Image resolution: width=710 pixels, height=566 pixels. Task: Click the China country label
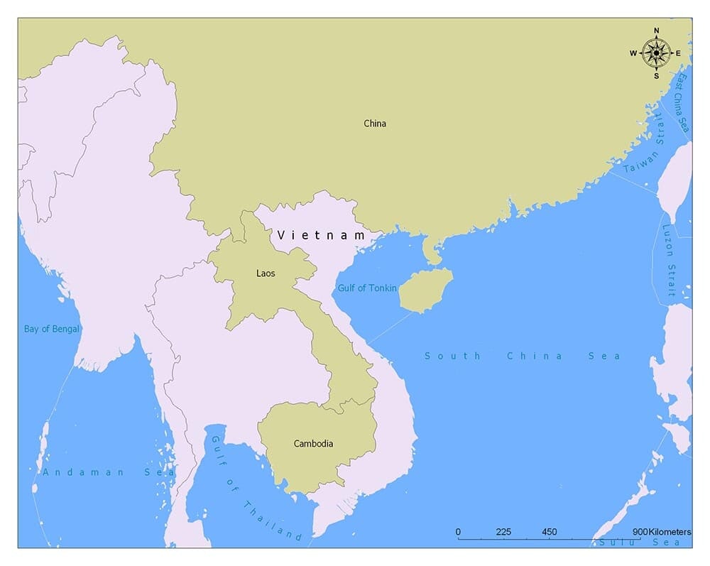coord(375,124)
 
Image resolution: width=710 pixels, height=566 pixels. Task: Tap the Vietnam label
coord(321,235)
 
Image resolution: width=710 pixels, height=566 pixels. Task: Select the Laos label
coord(266,273)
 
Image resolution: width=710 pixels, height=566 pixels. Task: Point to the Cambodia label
coord(313,444)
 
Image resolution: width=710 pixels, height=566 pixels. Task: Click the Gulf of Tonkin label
coord(367,288)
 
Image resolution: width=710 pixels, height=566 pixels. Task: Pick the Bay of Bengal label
coord(52,329)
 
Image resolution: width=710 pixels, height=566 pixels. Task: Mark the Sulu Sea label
coord(640,542)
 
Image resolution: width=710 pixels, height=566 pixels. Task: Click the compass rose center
coord(656,53)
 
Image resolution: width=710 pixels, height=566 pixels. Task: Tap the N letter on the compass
coord(656,31)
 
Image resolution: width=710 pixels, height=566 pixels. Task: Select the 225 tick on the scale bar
coord(503,533)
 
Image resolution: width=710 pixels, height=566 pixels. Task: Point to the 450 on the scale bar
coord(549,533)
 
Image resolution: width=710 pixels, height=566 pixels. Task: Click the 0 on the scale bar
coord(458,533)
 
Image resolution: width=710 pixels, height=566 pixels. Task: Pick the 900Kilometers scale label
coord(662,533)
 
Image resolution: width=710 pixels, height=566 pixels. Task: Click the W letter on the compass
coord(633,53)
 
